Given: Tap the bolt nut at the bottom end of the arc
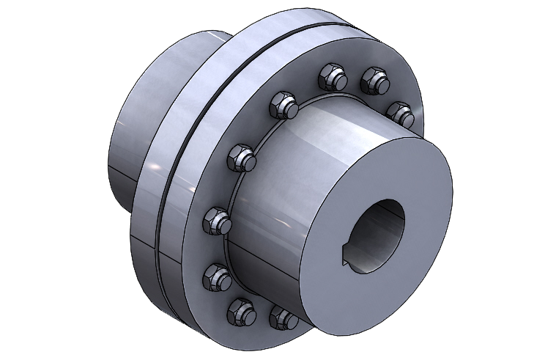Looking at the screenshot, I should [282, 317].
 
